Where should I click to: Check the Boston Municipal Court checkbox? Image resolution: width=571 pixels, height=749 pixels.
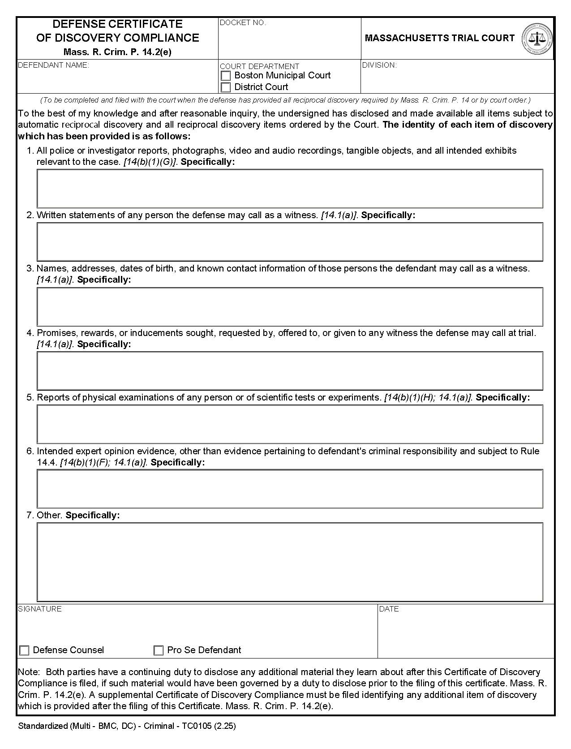click(x=226, y=76)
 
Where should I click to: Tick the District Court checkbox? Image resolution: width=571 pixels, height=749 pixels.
click(x=226, y=87)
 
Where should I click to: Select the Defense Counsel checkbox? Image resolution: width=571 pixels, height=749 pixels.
click(x=25, y=650)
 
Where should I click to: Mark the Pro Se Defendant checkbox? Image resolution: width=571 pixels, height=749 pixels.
click(x=159, y=650)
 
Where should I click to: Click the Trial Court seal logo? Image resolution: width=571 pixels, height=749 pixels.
click(x=537, y=39)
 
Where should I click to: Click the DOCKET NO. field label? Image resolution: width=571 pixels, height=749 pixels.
click(x=243, y=23)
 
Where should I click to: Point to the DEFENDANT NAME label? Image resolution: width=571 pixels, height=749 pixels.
click(x=53, y=65)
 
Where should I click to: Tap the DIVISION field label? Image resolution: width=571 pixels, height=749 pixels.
click(x=379, y=65)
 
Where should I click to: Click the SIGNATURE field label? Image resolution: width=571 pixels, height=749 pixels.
click(x=40, y=609)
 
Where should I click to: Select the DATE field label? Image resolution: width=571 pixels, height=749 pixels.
click(x=389, y=609)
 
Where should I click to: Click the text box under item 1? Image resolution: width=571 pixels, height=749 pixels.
click(x=290, y=189)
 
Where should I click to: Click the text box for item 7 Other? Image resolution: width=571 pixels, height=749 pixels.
click(x=290, y=562)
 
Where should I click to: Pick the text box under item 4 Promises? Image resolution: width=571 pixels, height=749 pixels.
click(x=290, y=371)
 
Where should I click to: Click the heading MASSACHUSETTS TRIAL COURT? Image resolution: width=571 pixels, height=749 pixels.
click(x=440, y=38)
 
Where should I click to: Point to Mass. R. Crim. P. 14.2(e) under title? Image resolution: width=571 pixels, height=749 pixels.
click(x=117, y=52)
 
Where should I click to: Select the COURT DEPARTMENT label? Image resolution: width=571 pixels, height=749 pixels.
click(x=259, y=66)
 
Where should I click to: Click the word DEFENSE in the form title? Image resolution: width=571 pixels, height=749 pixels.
click(x=78, y=24)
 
